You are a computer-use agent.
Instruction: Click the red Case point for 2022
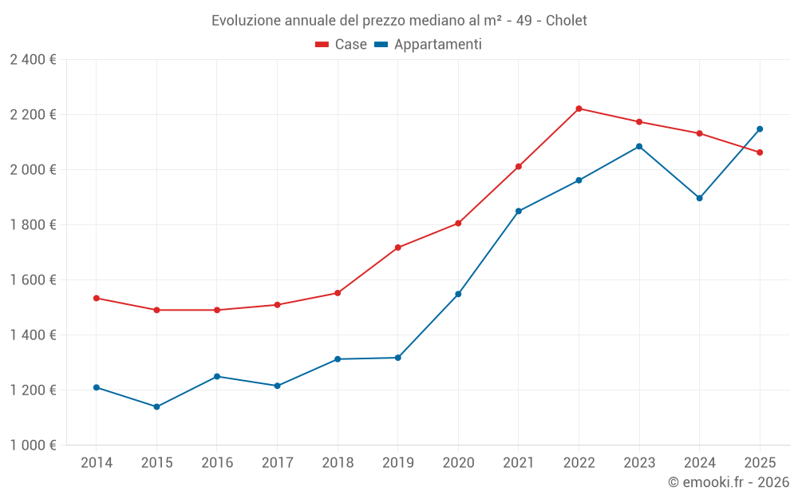[579, 109]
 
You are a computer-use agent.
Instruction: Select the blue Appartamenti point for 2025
[760, 129]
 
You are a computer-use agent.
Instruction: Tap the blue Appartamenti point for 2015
[156, 406]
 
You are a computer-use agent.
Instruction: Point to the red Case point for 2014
[96, 298]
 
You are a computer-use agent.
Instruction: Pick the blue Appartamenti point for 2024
[699, 198]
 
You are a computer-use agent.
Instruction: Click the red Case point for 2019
[397, 248]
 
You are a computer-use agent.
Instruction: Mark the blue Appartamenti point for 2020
[458, 294]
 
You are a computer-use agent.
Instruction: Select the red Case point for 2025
[760, 152]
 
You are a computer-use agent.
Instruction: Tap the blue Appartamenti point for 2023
[639, 146]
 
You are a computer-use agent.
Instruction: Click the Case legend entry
[342, 45]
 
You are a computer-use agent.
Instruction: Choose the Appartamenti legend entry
[429, 45]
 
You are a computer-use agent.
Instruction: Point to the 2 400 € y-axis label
[33, 60]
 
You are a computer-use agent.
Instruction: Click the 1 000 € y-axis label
[33, 446]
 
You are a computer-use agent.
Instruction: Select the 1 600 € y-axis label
[33, 280]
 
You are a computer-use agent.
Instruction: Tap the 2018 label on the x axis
[338, 462]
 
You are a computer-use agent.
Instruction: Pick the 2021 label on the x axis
[519, 462]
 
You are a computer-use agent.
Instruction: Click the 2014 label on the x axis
[96, 462]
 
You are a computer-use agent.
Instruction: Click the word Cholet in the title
[566, 21]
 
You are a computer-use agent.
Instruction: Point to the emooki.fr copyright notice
[728, 482]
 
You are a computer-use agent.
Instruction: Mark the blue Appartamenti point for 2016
[217, 376]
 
